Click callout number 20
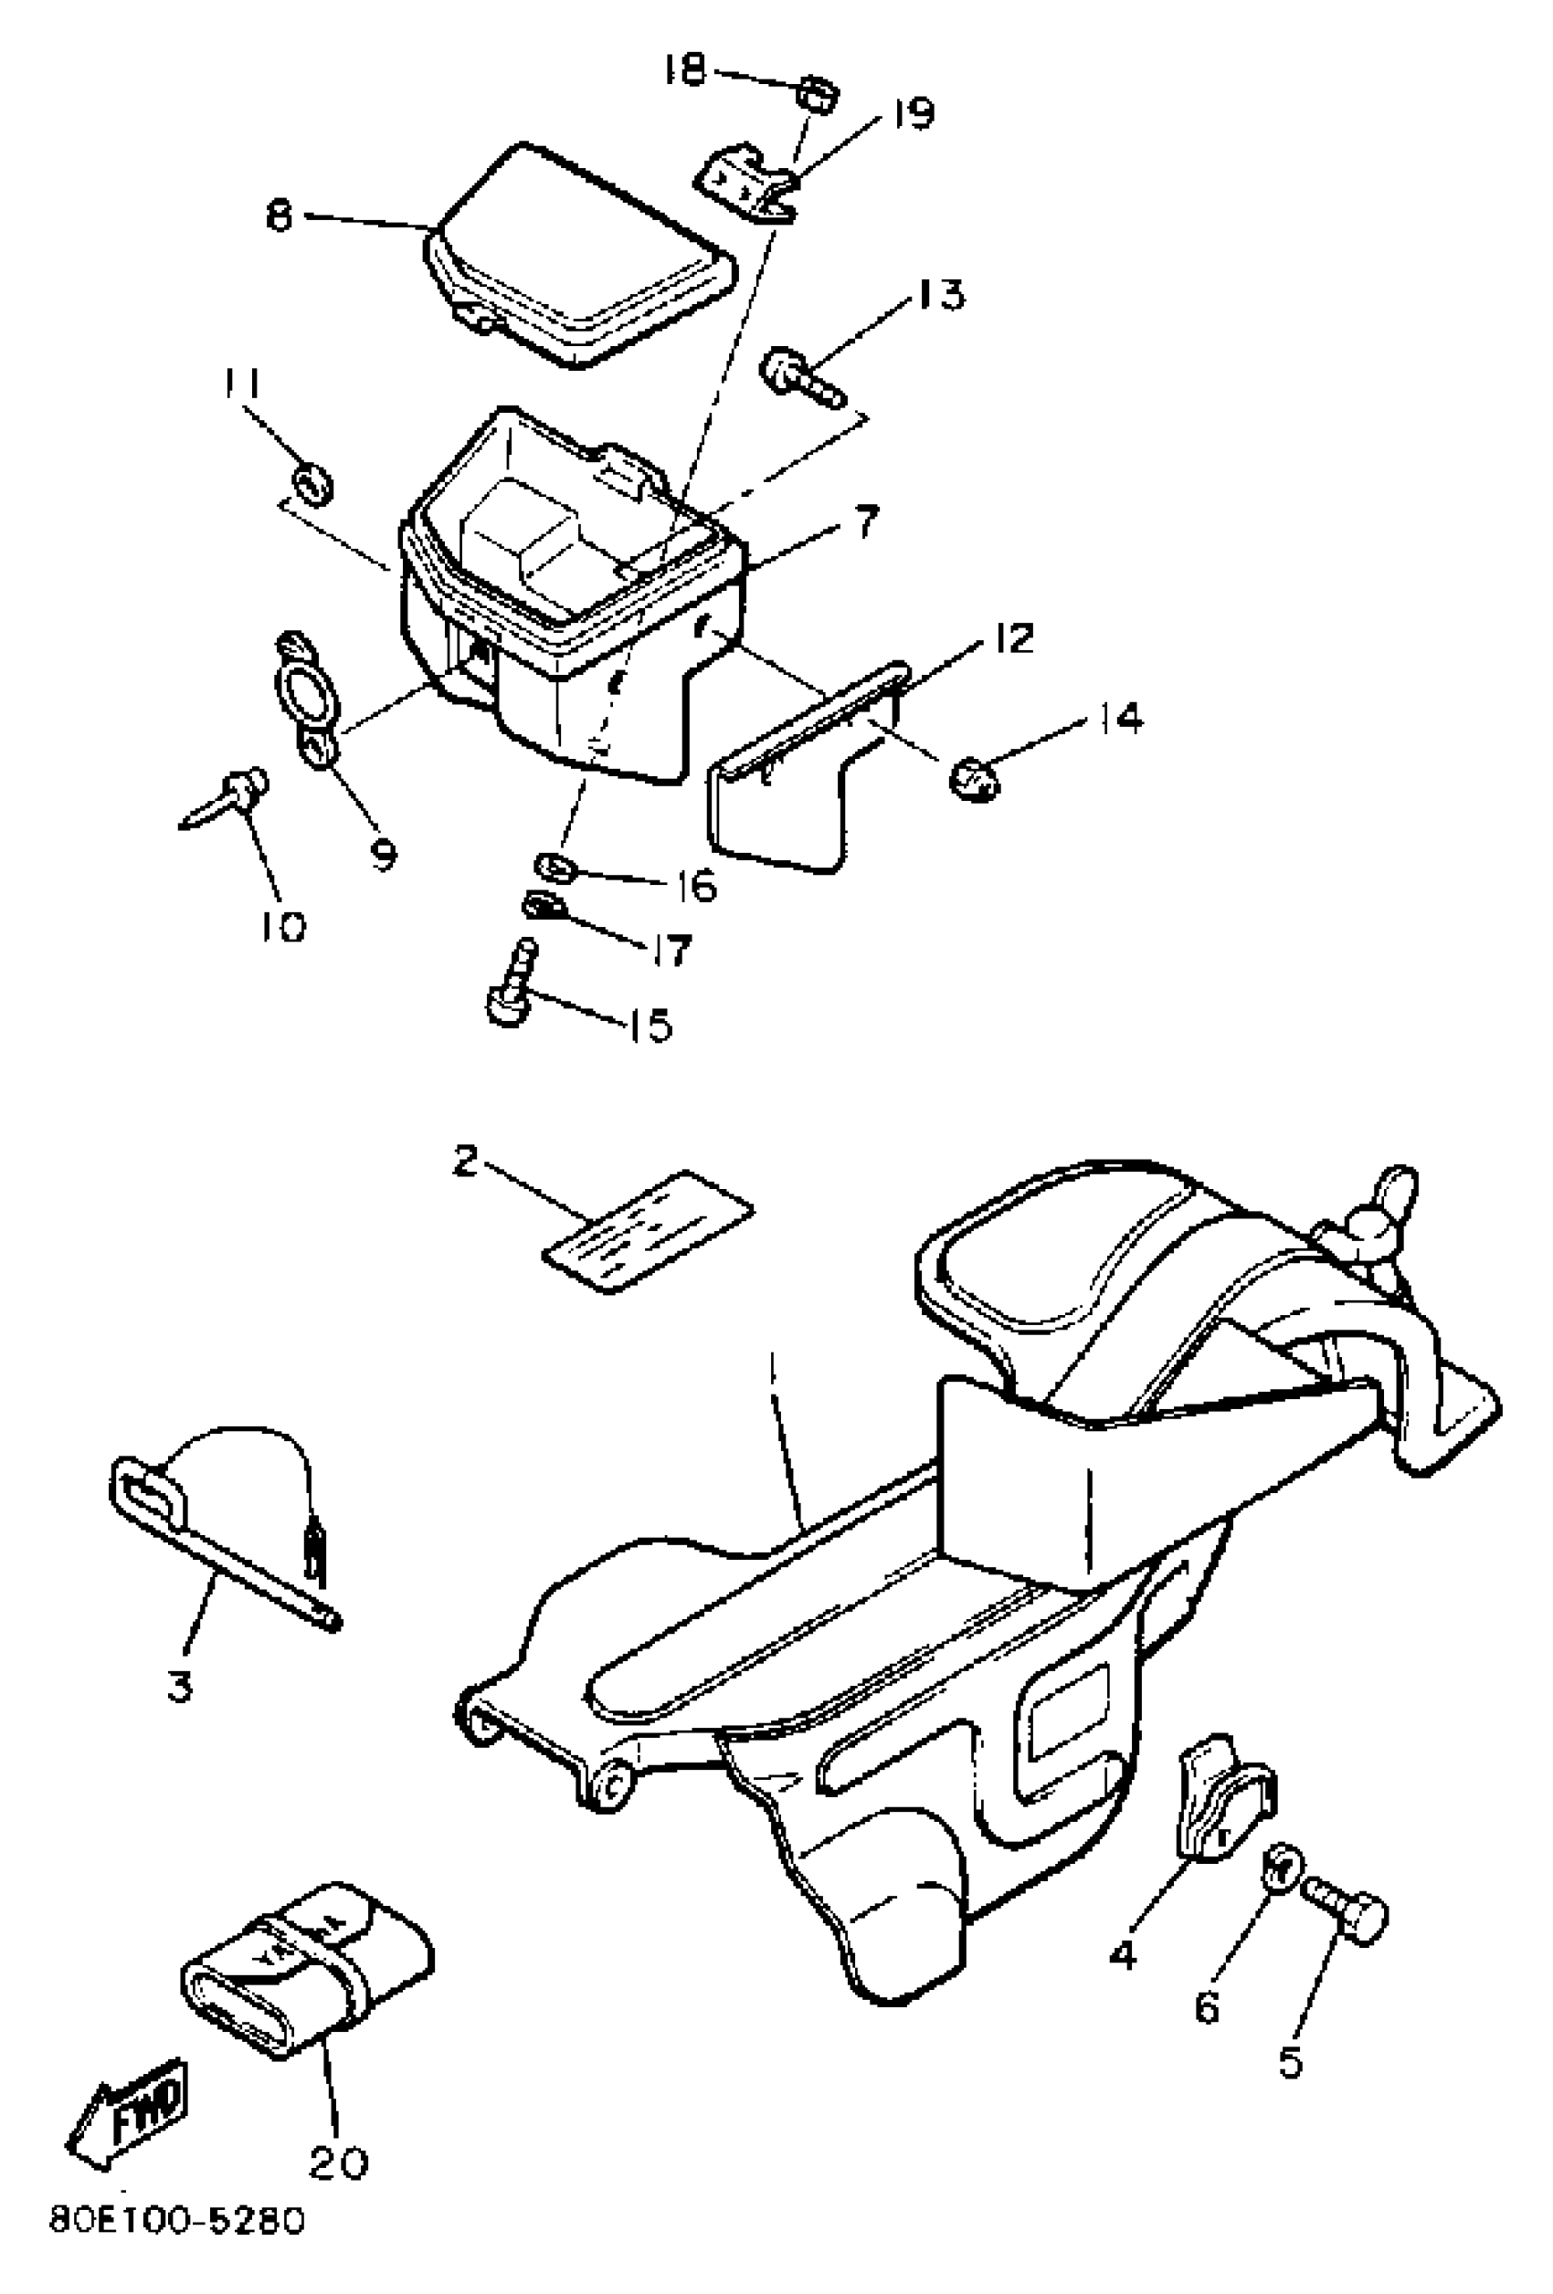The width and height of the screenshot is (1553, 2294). click(339, 2161)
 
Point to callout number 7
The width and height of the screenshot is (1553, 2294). click(864, 521)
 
